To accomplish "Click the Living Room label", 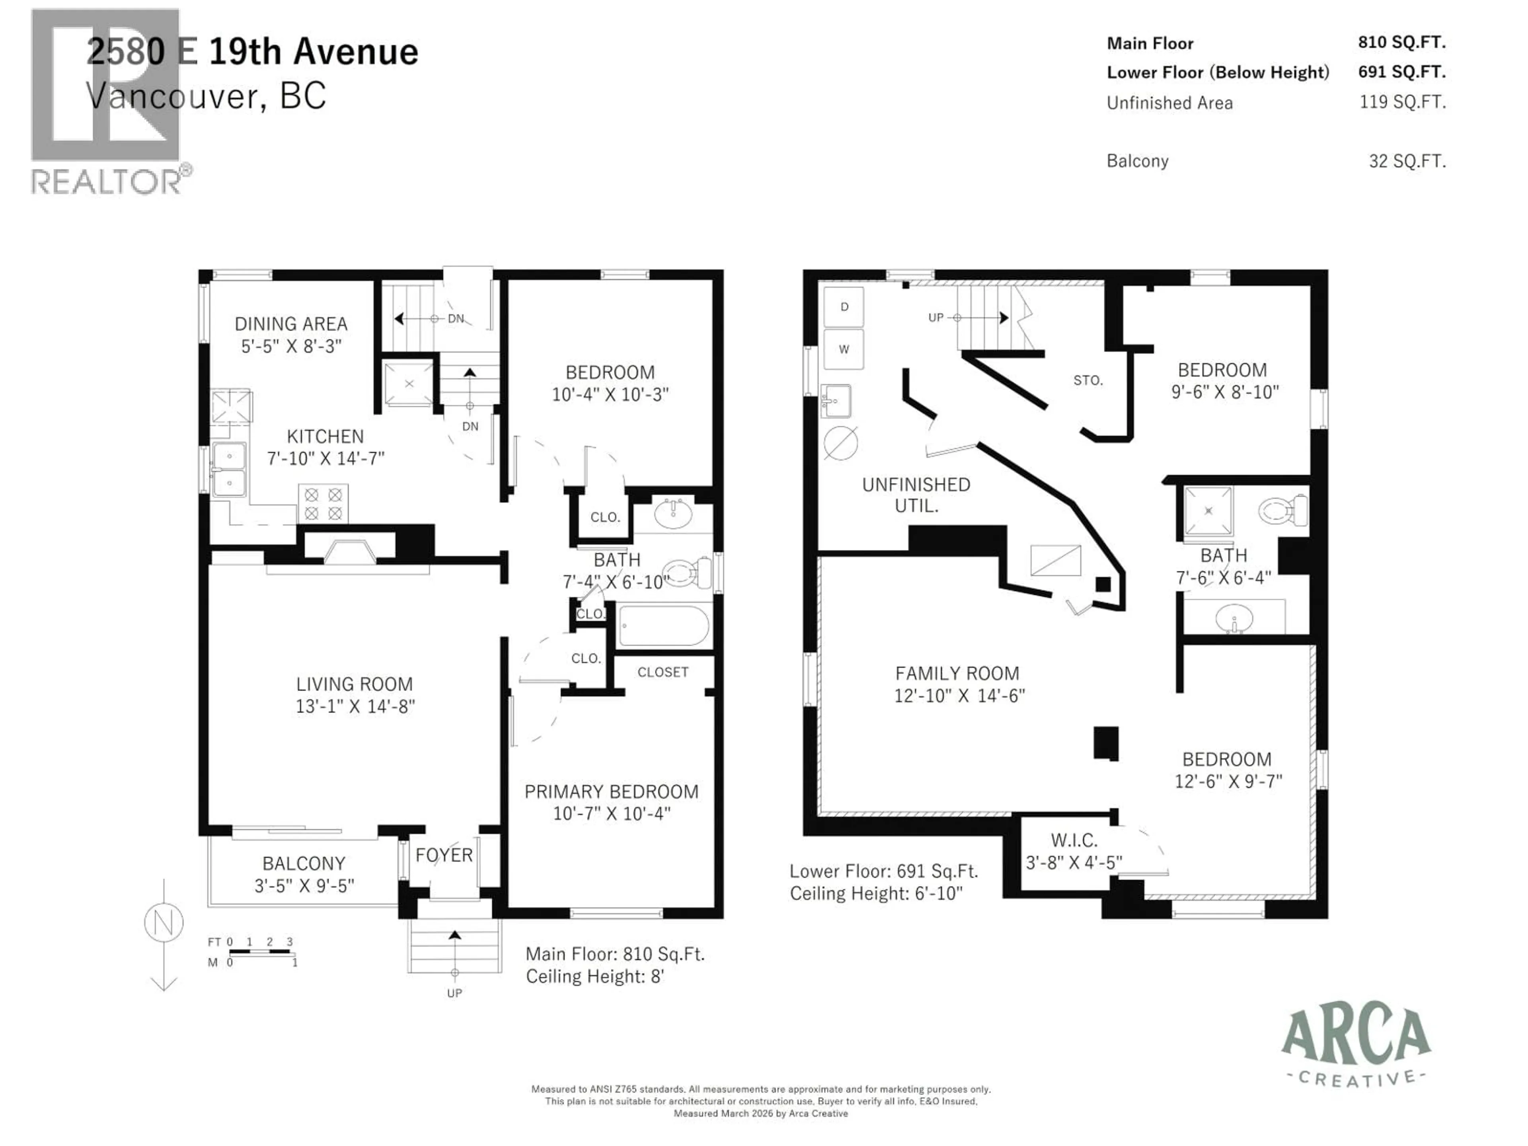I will click(355, 684).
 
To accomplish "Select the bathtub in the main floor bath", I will click(664, 626).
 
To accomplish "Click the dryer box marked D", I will click(844, 307).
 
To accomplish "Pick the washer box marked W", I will click(844, 349).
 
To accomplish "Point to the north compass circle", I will click(164, 923).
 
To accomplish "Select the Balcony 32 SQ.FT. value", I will click(1407, 161).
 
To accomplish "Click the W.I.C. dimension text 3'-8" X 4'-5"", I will click(1074, 862).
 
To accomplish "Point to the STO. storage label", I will click(1088, 380).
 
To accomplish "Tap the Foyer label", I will click(444, 855).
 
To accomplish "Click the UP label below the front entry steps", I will click(454, 993).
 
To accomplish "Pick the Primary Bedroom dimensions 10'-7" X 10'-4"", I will click(611, 814).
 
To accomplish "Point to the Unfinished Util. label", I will click(916, 495).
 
